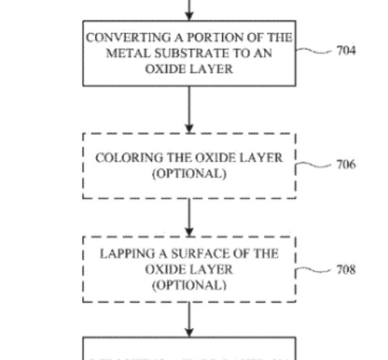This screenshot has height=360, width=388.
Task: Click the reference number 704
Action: coord(346,51)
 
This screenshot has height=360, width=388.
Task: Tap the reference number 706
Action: coord(346,165)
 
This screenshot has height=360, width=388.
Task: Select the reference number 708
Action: coord(346,269)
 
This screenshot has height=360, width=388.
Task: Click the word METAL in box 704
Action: coord(123,53)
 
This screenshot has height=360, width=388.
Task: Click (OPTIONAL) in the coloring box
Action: coord(189,174)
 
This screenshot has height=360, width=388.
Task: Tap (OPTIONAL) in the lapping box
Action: coord(189,285)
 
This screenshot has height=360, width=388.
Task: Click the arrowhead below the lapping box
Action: coord(189,332)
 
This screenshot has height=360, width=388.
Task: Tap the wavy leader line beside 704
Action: coord(314,50)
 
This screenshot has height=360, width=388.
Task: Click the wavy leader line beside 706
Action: coord(314,165)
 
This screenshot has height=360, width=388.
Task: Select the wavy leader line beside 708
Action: coord(314,269)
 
